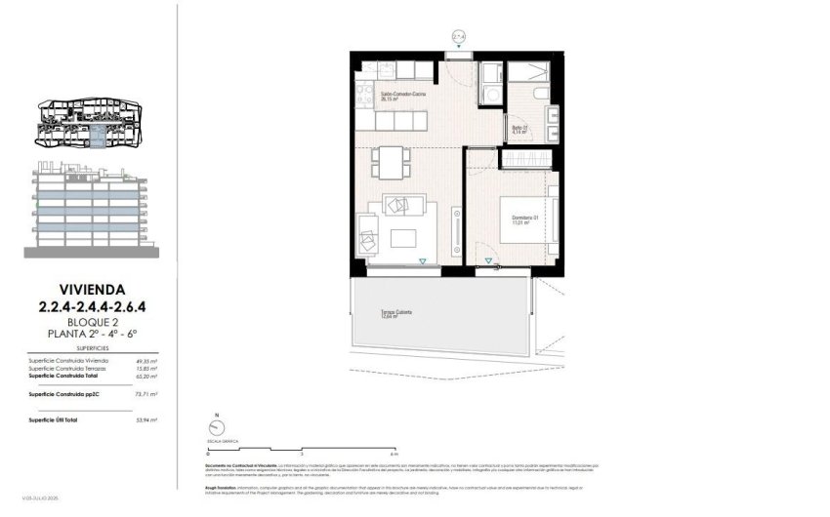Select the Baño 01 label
519,131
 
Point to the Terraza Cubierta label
395,314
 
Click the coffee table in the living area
401,237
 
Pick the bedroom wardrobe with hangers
528,158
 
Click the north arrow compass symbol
215,427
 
